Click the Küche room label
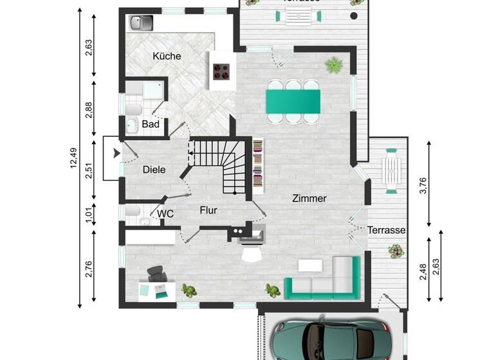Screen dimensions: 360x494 click(167, 56)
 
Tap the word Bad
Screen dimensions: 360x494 click(151, 124)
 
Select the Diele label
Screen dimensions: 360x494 click(154, 170)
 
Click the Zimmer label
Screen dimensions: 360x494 click(309, 199)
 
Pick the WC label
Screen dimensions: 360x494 click(166, 213)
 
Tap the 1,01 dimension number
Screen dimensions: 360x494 click(89, 214)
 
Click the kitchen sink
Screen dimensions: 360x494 click(140, 24)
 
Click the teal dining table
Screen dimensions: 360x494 click(293, 100)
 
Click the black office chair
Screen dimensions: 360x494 click(156, 275)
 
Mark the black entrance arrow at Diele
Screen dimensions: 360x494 click(116, 153)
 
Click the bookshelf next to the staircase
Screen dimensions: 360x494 click(257, 166)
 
